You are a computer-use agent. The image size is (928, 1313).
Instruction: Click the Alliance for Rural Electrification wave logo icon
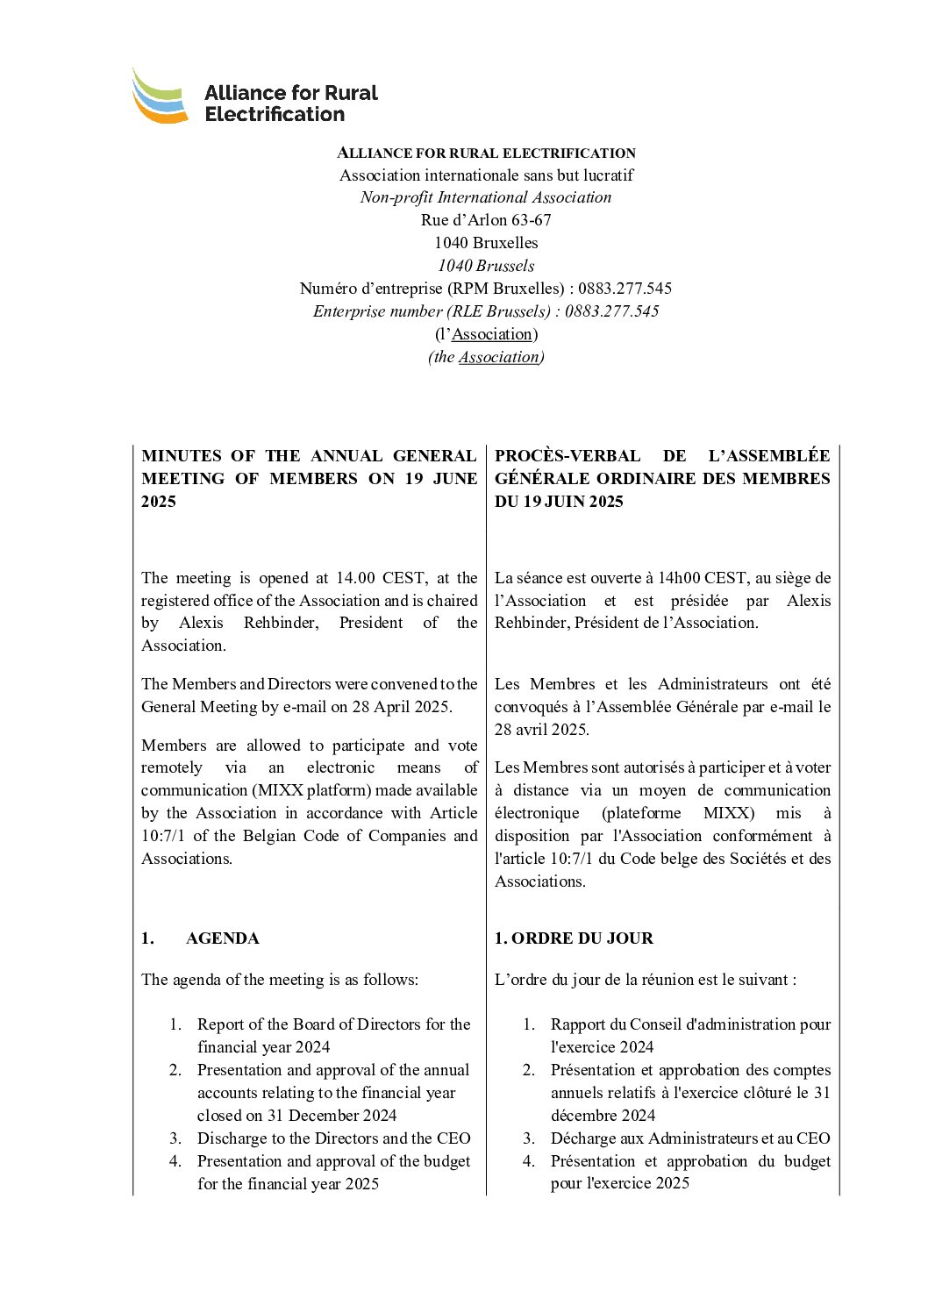point(160,97)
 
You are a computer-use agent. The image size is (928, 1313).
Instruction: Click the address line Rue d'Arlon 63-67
point(486,220)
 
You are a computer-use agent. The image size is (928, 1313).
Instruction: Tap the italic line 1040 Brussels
point(486,266)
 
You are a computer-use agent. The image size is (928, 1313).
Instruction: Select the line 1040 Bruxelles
point(486,243)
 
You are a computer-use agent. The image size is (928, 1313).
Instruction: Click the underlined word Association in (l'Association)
point(492,334)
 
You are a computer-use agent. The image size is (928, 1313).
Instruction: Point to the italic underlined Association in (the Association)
point(499,357)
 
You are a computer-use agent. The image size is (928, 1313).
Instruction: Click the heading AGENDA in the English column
point(222,938)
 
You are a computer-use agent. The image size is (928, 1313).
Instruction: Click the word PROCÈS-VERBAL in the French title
point(568,456)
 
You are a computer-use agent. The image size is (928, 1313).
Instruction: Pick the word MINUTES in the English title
point(182,456)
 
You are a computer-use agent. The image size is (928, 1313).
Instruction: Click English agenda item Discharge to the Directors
point(333,1138)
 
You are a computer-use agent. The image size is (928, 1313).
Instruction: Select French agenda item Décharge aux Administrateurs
point(689,1138)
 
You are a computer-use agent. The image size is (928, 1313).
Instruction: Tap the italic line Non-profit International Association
point(486,197)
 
